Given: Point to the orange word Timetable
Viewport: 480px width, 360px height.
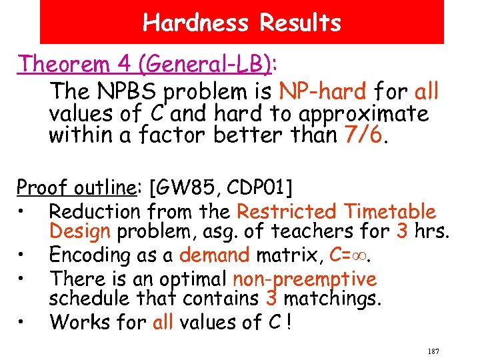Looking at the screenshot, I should pos(391,211).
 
